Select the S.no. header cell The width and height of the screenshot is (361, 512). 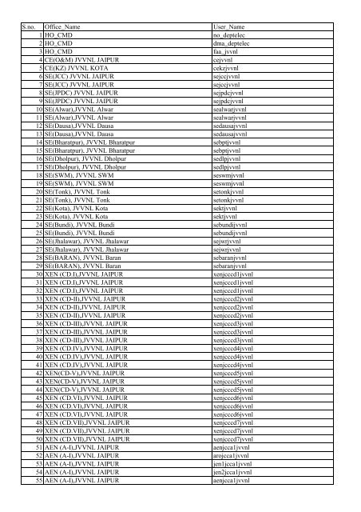pyautogui.click(x=30, y=28)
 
